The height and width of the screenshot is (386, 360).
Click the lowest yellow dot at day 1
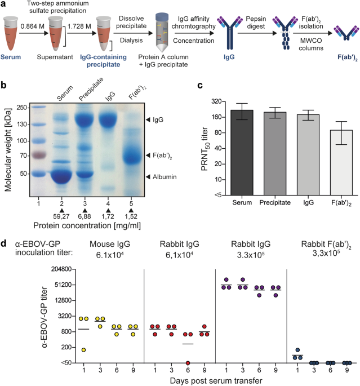(x=83, y=350)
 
